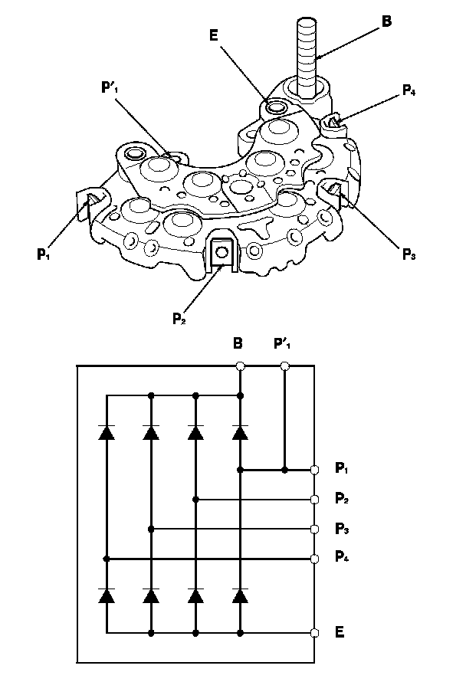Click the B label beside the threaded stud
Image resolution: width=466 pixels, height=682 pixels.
pos(387,21)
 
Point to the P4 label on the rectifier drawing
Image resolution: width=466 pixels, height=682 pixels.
pos(410,92)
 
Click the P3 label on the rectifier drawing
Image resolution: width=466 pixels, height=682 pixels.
pos(407,254)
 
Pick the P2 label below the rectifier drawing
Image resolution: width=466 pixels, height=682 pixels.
pos(178,316)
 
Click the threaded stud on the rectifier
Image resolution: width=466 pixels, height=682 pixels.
pos(305,57)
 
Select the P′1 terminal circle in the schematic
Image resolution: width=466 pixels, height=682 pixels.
pos(285,366)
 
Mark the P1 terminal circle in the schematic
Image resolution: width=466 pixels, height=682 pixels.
pos(315,469)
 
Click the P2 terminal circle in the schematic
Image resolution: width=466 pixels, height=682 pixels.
pos(315,499)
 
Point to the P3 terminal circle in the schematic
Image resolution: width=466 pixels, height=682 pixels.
pos(315,529)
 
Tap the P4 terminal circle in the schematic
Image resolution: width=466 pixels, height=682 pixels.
pos(315,559)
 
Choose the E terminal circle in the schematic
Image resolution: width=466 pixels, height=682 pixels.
pos(315,633)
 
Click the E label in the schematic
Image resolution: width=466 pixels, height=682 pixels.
pos(340,633)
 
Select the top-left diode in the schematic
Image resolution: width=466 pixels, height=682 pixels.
pos(107,432)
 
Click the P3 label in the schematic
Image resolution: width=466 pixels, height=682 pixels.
pos(343,530)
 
